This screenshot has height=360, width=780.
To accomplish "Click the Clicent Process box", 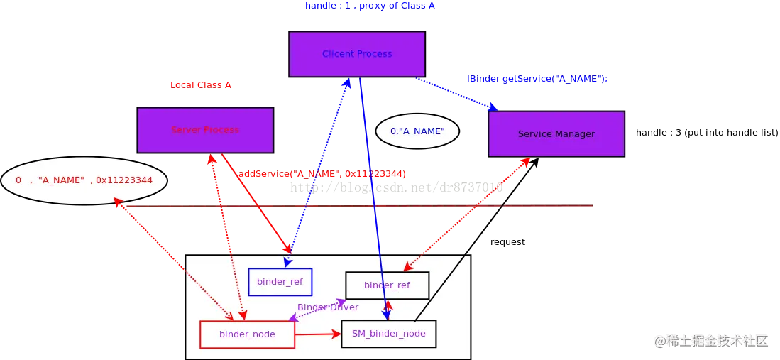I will click(357, 54).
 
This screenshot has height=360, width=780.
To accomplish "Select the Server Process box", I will click(205, 130).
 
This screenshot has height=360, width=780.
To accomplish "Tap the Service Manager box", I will click(556, 133).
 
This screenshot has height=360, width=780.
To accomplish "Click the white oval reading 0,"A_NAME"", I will click(417, 131).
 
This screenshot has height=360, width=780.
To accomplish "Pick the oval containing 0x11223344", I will click(84, 180).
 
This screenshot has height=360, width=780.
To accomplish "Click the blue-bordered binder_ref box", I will click(280, 282).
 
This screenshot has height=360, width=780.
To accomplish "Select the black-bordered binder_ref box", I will click(387, 285).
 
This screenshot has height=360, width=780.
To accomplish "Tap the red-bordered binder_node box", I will click(247, 334).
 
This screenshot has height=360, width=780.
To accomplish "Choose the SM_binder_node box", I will click(388, 334).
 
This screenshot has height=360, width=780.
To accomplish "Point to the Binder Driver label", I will click(327, 307).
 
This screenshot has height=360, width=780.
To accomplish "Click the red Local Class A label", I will click(201, 85).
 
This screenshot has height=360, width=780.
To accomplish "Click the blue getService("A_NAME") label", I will click(537, 80).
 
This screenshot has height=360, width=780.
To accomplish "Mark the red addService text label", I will click(322, 174).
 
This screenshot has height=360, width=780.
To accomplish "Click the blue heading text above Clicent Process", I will click(370, 6).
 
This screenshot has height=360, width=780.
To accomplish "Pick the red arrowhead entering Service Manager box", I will click(526, 163).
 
